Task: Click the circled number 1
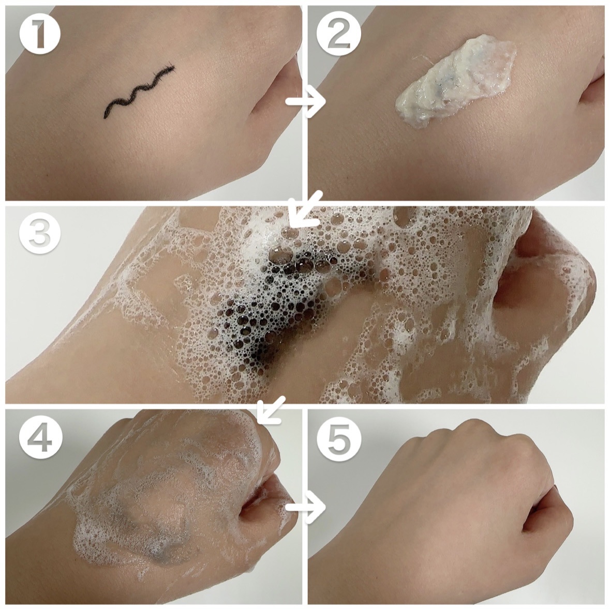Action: (x=40, y=34)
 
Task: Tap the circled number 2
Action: (x=336, y=34)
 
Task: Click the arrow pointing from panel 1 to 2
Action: (x=306, y=101)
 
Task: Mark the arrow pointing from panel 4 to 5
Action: (x=306, y=507)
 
